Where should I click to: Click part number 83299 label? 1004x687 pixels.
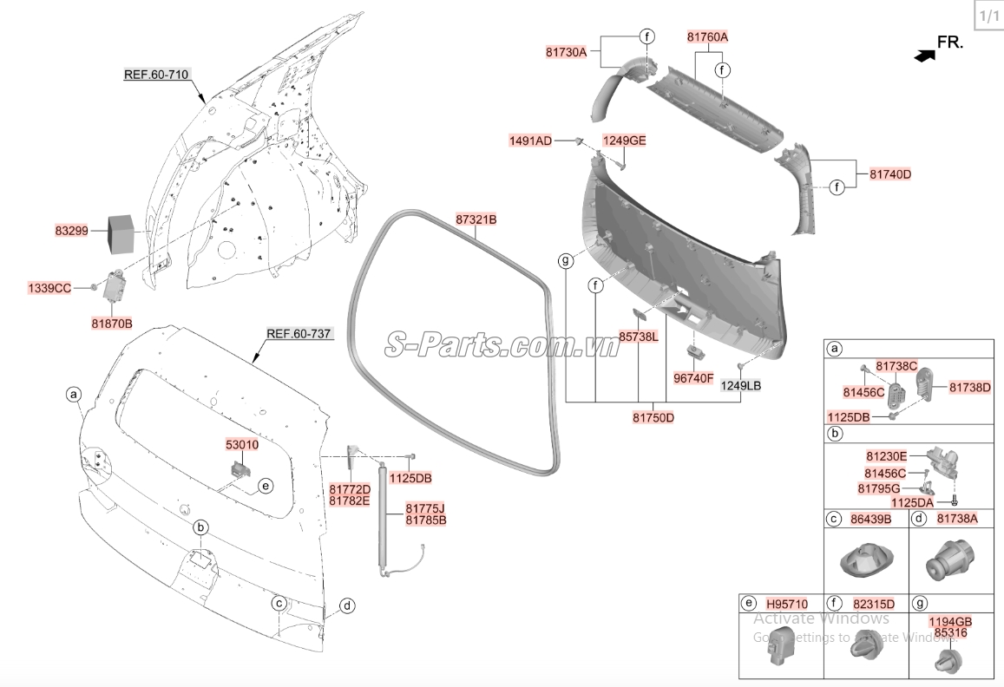point(72,231)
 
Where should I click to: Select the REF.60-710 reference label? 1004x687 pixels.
point(156,75)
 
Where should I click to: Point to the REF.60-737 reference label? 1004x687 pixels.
point(299,334)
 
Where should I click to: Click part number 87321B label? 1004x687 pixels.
point(476,219)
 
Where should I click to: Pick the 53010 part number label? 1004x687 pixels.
point(242,444)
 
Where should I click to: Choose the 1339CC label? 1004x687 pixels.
point(49,288)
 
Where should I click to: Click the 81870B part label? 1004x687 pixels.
point(112,324)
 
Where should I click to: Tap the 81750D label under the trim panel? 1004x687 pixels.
point(653,417)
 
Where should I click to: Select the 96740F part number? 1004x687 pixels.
point(693,378)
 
